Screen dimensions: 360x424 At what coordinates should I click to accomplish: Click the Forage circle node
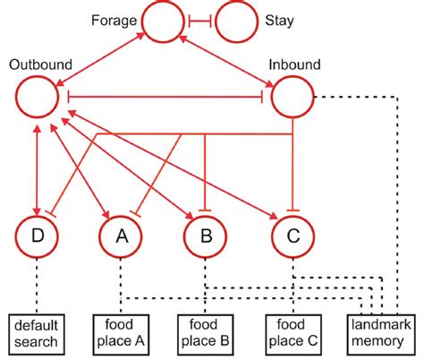tap(162, 20)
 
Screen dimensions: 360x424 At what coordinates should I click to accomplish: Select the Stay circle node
tap(236, 20)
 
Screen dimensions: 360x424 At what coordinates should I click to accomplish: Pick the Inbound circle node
tap(293, 96)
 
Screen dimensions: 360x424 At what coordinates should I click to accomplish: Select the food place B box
tap(206, 334)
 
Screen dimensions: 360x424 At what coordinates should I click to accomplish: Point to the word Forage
tap(114, 19)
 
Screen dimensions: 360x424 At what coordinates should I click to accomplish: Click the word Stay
tap(283, 19)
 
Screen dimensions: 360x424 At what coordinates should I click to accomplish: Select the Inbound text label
tap(294, 64)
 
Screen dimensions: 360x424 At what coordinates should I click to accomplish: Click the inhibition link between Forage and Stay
tap(199, 20)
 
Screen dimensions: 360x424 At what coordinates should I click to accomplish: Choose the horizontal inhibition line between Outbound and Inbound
tap(165, 96)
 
